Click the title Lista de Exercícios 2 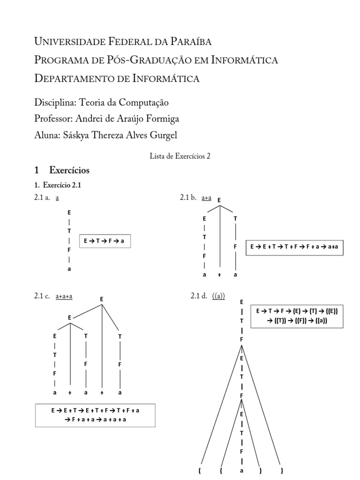click(180, 157)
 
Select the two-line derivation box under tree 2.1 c click(96, 415)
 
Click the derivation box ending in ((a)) click(297, 316)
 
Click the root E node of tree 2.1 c click(102, 299)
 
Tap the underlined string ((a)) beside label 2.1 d click(218, 296)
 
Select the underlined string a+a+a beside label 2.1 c click(67, 296)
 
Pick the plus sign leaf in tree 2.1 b click(219, 275)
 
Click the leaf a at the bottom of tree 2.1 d click(241, 471)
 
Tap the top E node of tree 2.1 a click(69, 212)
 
